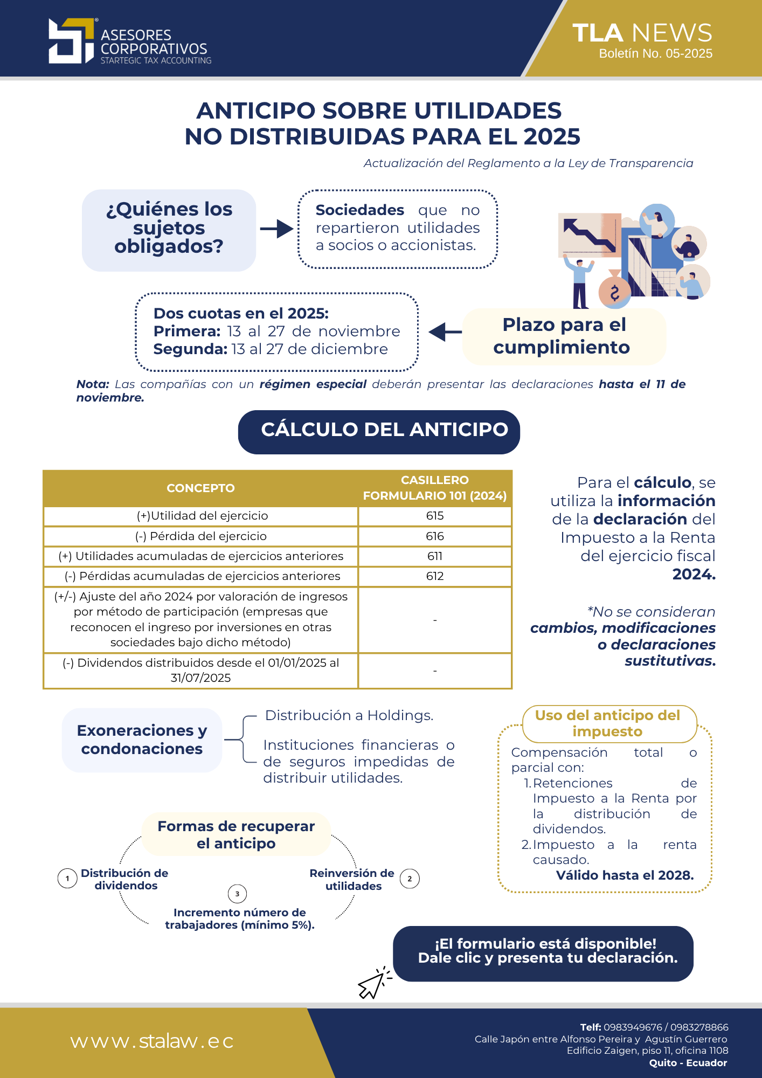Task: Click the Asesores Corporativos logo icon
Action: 71,41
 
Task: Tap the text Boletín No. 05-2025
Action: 655,54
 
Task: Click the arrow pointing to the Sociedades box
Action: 276,229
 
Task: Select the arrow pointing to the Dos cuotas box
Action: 445,332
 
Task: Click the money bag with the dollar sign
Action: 614,292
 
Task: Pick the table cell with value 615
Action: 434,516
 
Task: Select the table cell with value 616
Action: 434,536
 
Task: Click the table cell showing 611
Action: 434,556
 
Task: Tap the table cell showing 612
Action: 434,576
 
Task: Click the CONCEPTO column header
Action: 200,488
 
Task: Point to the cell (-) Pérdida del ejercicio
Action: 200,536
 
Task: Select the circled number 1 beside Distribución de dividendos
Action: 67,879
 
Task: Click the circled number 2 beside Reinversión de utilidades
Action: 410,879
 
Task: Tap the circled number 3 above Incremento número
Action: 237,894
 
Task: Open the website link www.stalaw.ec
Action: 152,1041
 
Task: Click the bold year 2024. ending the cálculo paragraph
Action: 694,575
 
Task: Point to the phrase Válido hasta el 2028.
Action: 625,875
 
